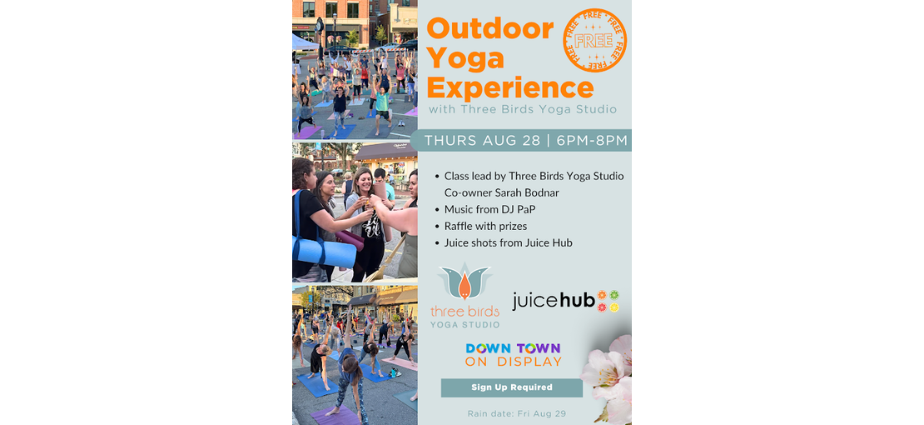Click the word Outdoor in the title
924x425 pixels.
[489, 28]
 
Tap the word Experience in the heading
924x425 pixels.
[510, 87]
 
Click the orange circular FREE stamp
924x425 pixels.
[594, 41]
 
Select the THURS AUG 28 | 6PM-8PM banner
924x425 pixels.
[521, 141]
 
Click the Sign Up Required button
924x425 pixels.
[511, 387]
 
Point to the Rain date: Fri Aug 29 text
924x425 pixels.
[517, 414]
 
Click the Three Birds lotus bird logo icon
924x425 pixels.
[465, 282]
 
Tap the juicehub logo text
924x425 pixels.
[554, 301]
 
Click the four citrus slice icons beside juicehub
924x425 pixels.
[609, 301]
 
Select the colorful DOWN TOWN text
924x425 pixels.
[513, 348]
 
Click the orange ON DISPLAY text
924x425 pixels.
[513, 362]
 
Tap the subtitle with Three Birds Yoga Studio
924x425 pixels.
[523, 110]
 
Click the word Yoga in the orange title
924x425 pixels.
[465, 57]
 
